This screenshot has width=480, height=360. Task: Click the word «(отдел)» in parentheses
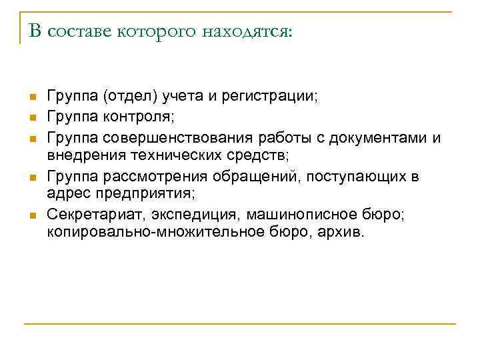[131, 97]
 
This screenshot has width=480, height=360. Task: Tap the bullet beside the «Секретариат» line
[31, 215]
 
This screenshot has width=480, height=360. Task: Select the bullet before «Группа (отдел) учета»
[31, 98]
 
